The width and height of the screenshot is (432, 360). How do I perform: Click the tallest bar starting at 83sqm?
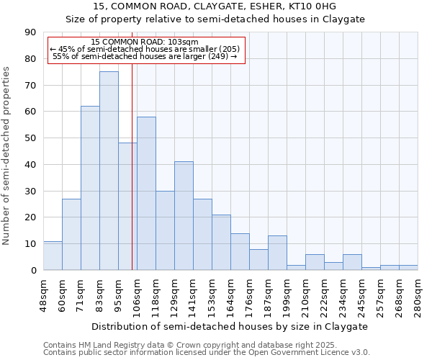pyautogui.click(x=109, y=171)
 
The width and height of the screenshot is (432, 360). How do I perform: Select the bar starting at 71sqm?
pyautogui.click(x=90, y=188)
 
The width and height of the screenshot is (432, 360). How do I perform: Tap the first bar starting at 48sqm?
pyautogui.click(x=53, y=256)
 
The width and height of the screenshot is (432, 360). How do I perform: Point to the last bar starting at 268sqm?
pyautogui.click(x=408, y=267)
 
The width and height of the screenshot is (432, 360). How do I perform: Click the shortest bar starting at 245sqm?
pyautogui.click(x=371, y=269)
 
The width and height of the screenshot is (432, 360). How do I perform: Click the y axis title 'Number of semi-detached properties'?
pyautogui.click(x=7, y=156)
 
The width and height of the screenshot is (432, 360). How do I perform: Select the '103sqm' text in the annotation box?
pyautogui.click(x=183, y=42)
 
